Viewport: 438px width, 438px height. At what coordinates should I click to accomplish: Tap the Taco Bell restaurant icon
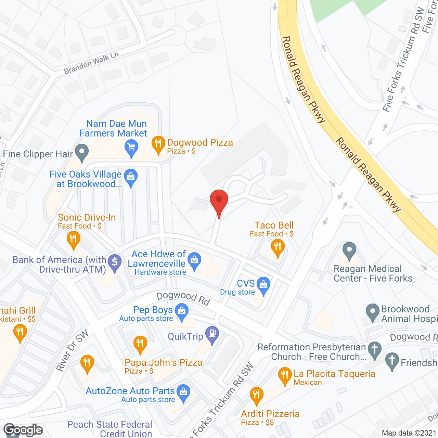click(x=278, y=247)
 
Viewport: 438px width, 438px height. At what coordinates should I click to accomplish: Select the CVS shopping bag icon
click(x=263, y=285)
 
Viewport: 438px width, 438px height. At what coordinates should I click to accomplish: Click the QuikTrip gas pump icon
click(x=212, y=334)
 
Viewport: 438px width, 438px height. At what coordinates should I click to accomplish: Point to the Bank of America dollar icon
click(x=115, y=263)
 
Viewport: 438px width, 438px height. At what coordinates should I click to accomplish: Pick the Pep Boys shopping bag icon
click(x=182, y=312)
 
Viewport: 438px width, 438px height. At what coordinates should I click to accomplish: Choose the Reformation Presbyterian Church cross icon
click(x=375, y=350)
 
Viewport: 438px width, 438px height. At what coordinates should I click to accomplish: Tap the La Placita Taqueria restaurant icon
click(x=285, y=375)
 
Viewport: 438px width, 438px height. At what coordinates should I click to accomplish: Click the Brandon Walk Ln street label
click(x=91, y=63)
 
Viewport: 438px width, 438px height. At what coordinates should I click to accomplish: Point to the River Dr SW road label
click(x=72, y=350)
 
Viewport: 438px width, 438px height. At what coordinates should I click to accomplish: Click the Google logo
click(x=23, y=430)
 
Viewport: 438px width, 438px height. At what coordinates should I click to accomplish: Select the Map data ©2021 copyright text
click(x=409, y=433)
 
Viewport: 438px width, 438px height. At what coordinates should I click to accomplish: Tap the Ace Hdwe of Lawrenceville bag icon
click(x=194, y=261)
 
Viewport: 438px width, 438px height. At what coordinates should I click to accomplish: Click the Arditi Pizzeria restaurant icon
click(x=256, y=395)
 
